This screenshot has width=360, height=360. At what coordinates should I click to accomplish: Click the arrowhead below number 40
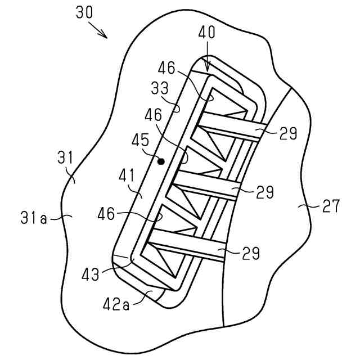208,67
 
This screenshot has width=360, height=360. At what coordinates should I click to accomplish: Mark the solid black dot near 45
161,161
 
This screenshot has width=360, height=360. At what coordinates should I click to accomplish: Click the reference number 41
127,178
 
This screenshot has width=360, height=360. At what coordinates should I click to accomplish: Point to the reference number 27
331,206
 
